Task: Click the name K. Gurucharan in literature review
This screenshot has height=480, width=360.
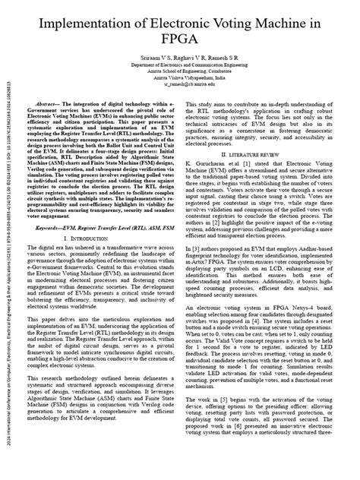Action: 218,184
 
